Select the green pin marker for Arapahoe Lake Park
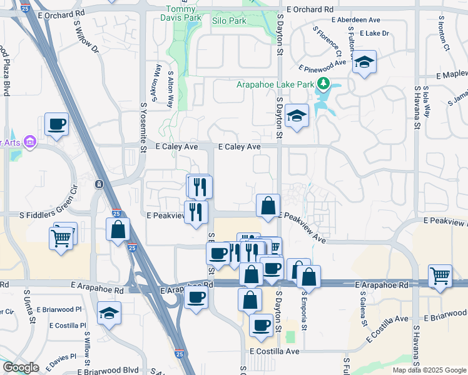(323, 83)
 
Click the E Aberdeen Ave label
(356, 20)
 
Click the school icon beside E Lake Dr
(364, 62)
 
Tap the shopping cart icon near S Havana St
(440, 275)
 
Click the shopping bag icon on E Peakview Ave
(268, 205)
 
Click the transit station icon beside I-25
(98, 184)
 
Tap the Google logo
(20, 367)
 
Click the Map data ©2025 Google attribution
(429, 370)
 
